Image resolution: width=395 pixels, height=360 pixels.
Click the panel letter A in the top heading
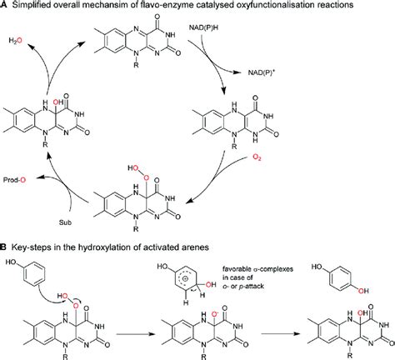5,7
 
